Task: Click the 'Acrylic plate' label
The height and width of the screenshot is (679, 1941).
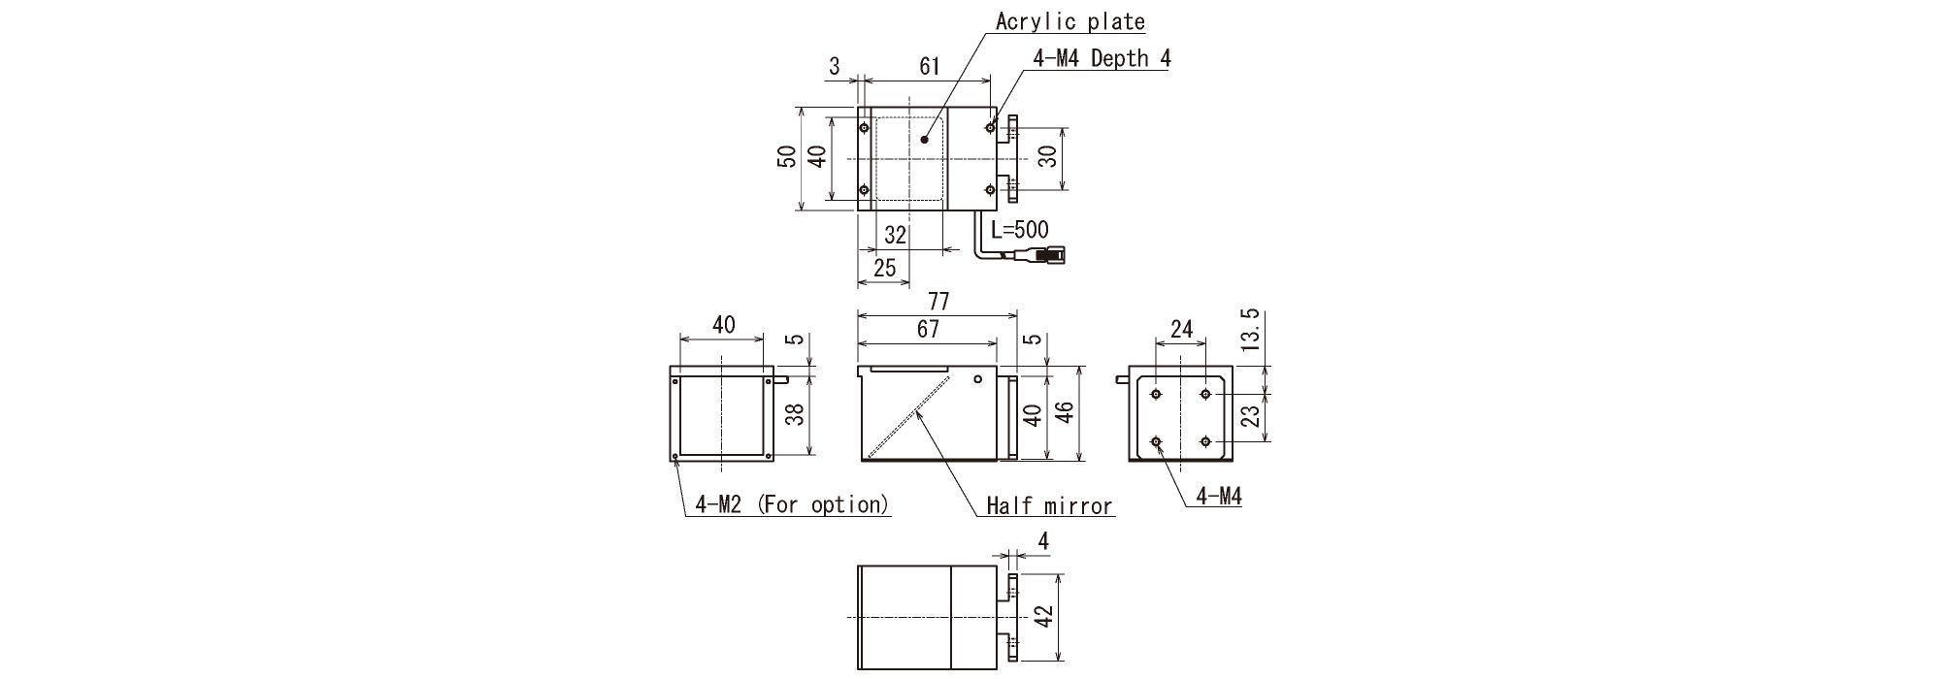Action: point(1069,21)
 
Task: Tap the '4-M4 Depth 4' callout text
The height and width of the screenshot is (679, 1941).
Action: point(1102,58)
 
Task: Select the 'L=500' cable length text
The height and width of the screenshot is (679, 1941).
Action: point(1019,231)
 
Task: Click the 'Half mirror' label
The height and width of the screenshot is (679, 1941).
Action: point(1048,505)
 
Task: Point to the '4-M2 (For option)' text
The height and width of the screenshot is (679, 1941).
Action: point(792,504)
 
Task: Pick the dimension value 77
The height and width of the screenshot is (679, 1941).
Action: point(938,302)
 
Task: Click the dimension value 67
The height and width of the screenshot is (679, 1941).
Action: point(928,330)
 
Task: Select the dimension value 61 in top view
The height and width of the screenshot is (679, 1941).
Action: point(929,66)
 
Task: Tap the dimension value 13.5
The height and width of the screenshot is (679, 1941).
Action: point(1250,330)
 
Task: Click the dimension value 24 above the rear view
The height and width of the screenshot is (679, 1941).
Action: point(1181,330)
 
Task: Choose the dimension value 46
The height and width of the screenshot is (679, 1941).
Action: point(1066,415)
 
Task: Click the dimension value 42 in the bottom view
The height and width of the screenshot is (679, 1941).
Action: point(1044,617)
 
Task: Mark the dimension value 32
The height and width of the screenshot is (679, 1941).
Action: point(895,236)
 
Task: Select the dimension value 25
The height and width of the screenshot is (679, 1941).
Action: point(883,269)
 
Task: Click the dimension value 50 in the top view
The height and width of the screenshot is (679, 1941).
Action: point(787,157)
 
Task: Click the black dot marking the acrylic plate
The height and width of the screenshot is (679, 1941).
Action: point(925,140)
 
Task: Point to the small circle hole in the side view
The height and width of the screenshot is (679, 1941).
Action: point(978,379)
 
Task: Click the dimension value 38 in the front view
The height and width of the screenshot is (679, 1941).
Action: point(794,415)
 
